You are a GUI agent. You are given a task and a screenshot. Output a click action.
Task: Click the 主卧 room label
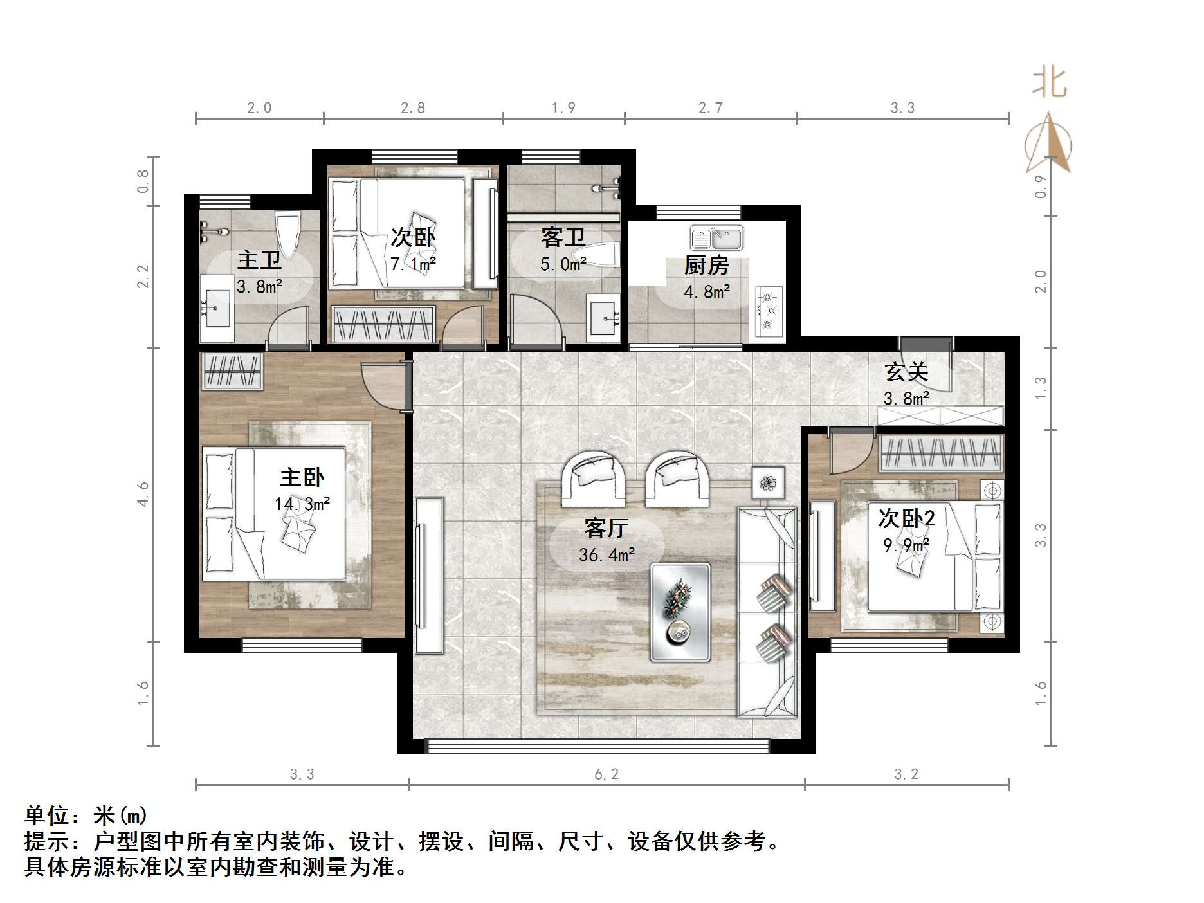(x=302, y=477)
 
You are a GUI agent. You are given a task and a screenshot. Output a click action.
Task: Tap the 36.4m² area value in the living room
(x=607, y=554)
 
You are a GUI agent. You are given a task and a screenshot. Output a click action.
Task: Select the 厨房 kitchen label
(x=706, y=265)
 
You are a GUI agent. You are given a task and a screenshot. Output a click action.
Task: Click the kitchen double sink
(x=716, y=238)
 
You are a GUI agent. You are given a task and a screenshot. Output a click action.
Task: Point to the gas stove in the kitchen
(x=768, y=312)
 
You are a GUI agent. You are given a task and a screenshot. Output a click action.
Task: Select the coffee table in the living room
(x=680, y=612)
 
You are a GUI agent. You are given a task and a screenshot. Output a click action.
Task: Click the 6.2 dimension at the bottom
(x=606, y=774)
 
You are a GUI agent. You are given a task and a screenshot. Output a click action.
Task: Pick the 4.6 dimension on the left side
(x=143, y=494)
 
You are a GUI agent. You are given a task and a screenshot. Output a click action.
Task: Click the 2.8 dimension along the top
(x=412, y=107)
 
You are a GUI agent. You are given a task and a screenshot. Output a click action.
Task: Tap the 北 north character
(x=1049, y=82)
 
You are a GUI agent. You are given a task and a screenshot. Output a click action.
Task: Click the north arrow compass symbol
(x=1048, y=145)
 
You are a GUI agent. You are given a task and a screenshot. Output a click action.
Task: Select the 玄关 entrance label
(x=906, y=372)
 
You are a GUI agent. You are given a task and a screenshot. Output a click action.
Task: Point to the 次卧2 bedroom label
(x=906, y=518)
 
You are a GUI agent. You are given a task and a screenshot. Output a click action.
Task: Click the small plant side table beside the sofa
(x=768, y=482)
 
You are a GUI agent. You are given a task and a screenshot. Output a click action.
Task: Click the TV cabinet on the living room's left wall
(x=429, y=575)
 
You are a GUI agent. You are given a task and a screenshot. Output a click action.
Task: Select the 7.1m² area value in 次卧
(x=413, y=264)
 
